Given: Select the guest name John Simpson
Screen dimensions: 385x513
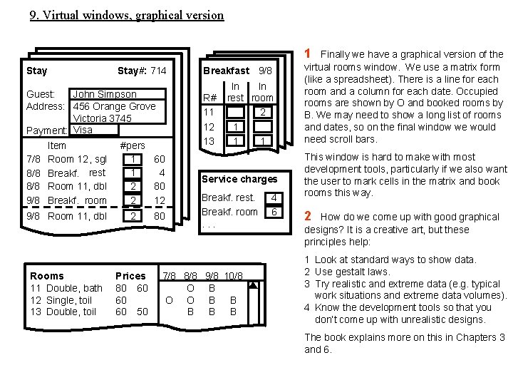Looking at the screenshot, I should pyautogui.click(x=104, y=94).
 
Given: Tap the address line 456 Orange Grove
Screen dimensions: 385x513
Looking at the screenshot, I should pyautogui.click(x=114, y=106).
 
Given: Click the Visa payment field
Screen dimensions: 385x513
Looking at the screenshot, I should pyautogui.click(x=83, y=130).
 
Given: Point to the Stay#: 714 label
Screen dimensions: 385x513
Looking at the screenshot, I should pyautogui.click(x=142, y=71).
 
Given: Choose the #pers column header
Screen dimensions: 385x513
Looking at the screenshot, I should pyautogui.click(x=134, y=145).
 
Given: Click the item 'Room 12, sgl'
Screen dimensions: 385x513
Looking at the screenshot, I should pyautogui.click(x=77, y=158).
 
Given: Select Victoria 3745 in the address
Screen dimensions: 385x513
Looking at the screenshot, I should pyautogui.click(x=102, y=118).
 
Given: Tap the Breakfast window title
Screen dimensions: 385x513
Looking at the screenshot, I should pyautogui.click(x=226, y=71).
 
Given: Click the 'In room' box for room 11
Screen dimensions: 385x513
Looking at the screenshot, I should pyautogui.click(x=263, y=113).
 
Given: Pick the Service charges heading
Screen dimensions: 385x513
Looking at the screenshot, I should pyautogui.click(x=239, y=179).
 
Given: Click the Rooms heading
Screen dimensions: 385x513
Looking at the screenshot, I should pyautogui.click(x=46, y=276).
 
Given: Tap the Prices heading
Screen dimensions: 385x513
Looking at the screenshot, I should pyautogui.click(x=130, y=276).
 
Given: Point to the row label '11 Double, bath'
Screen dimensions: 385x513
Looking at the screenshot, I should pyautogui.click(x=66, y=288).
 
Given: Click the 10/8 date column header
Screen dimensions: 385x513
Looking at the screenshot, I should pyautogui.click(x=233, y=276).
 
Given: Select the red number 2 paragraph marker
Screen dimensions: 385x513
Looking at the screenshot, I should pyautogui.click(x=309, y=216).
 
